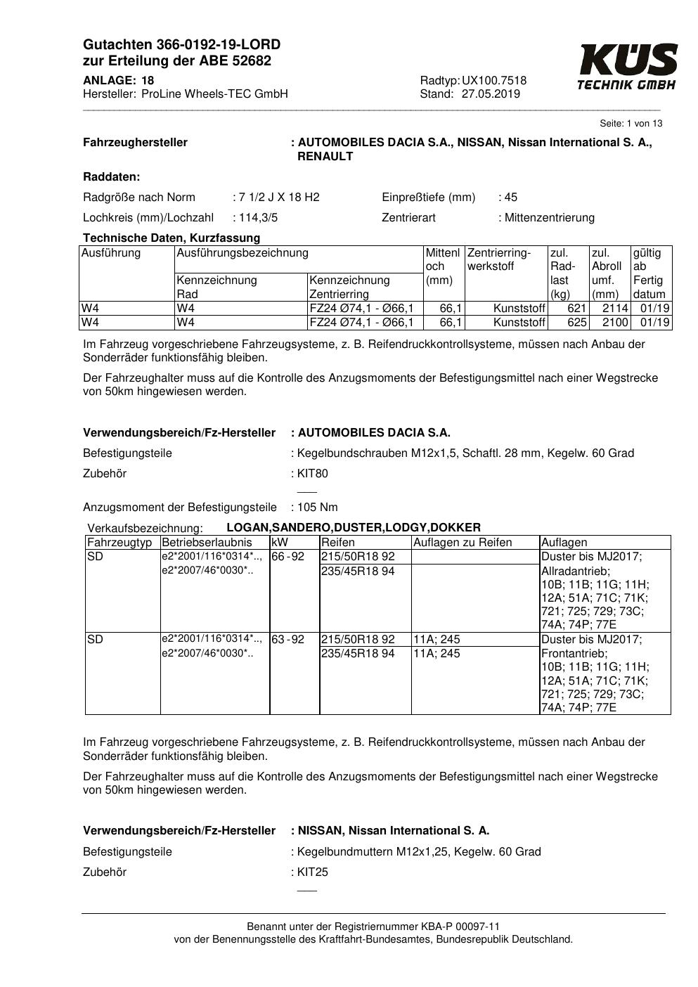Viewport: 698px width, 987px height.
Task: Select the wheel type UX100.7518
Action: point(494,81)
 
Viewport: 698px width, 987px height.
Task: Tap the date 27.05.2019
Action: point(491,94)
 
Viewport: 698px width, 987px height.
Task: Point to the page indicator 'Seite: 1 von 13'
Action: point(631,124)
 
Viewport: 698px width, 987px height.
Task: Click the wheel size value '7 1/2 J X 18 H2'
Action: point(279,198)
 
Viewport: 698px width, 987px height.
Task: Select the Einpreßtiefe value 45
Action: point(511,198)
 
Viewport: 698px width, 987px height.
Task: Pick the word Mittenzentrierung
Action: point(549,218)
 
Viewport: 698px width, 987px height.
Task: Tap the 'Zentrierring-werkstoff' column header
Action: point(499,259)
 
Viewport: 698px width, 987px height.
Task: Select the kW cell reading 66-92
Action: point(288,557)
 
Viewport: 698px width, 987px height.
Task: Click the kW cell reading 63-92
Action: point(288,640)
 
